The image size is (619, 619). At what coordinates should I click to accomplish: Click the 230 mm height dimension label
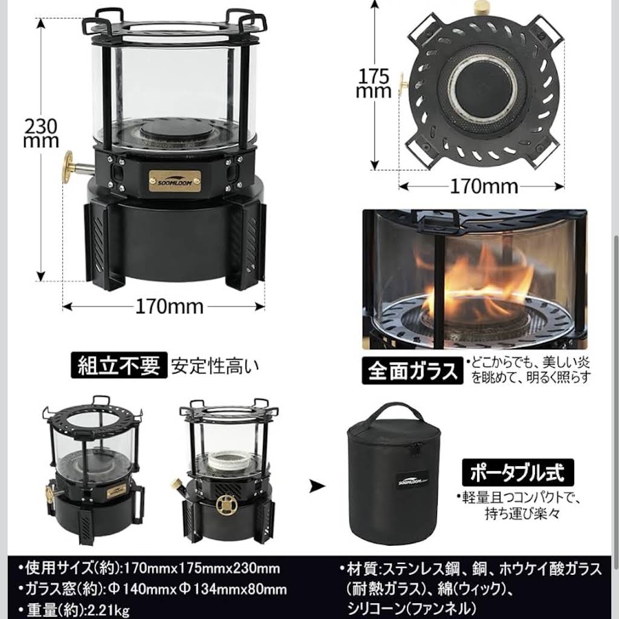click(x=41, y=133)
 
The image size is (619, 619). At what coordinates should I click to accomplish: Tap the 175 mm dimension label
click(x=374, y=83)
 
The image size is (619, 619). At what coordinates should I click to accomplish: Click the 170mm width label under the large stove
click(x=169, y=306)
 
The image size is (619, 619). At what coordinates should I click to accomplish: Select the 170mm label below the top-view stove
click(x=484, y=186)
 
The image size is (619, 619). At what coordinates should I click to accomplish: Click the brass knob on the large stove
click(x=68, y=167)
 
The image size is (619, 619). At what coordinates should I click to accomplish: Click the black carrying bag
click(x=394, y=474)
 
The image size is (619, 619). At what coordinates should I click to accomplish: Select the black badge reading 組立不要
click(x=119, y=365)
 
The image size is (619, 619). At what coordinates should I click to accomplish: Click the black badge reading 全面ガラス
click(x=412, y=371)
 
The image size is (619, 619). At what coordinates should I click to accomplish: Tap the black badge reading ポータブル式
click(x=517, y=472)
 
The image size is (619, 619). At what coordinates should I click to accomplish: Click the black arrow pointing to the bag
click(x=317, y=486)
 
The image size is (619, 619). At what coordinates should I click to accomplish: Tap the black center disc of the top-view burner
click(x=481, y=90)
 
